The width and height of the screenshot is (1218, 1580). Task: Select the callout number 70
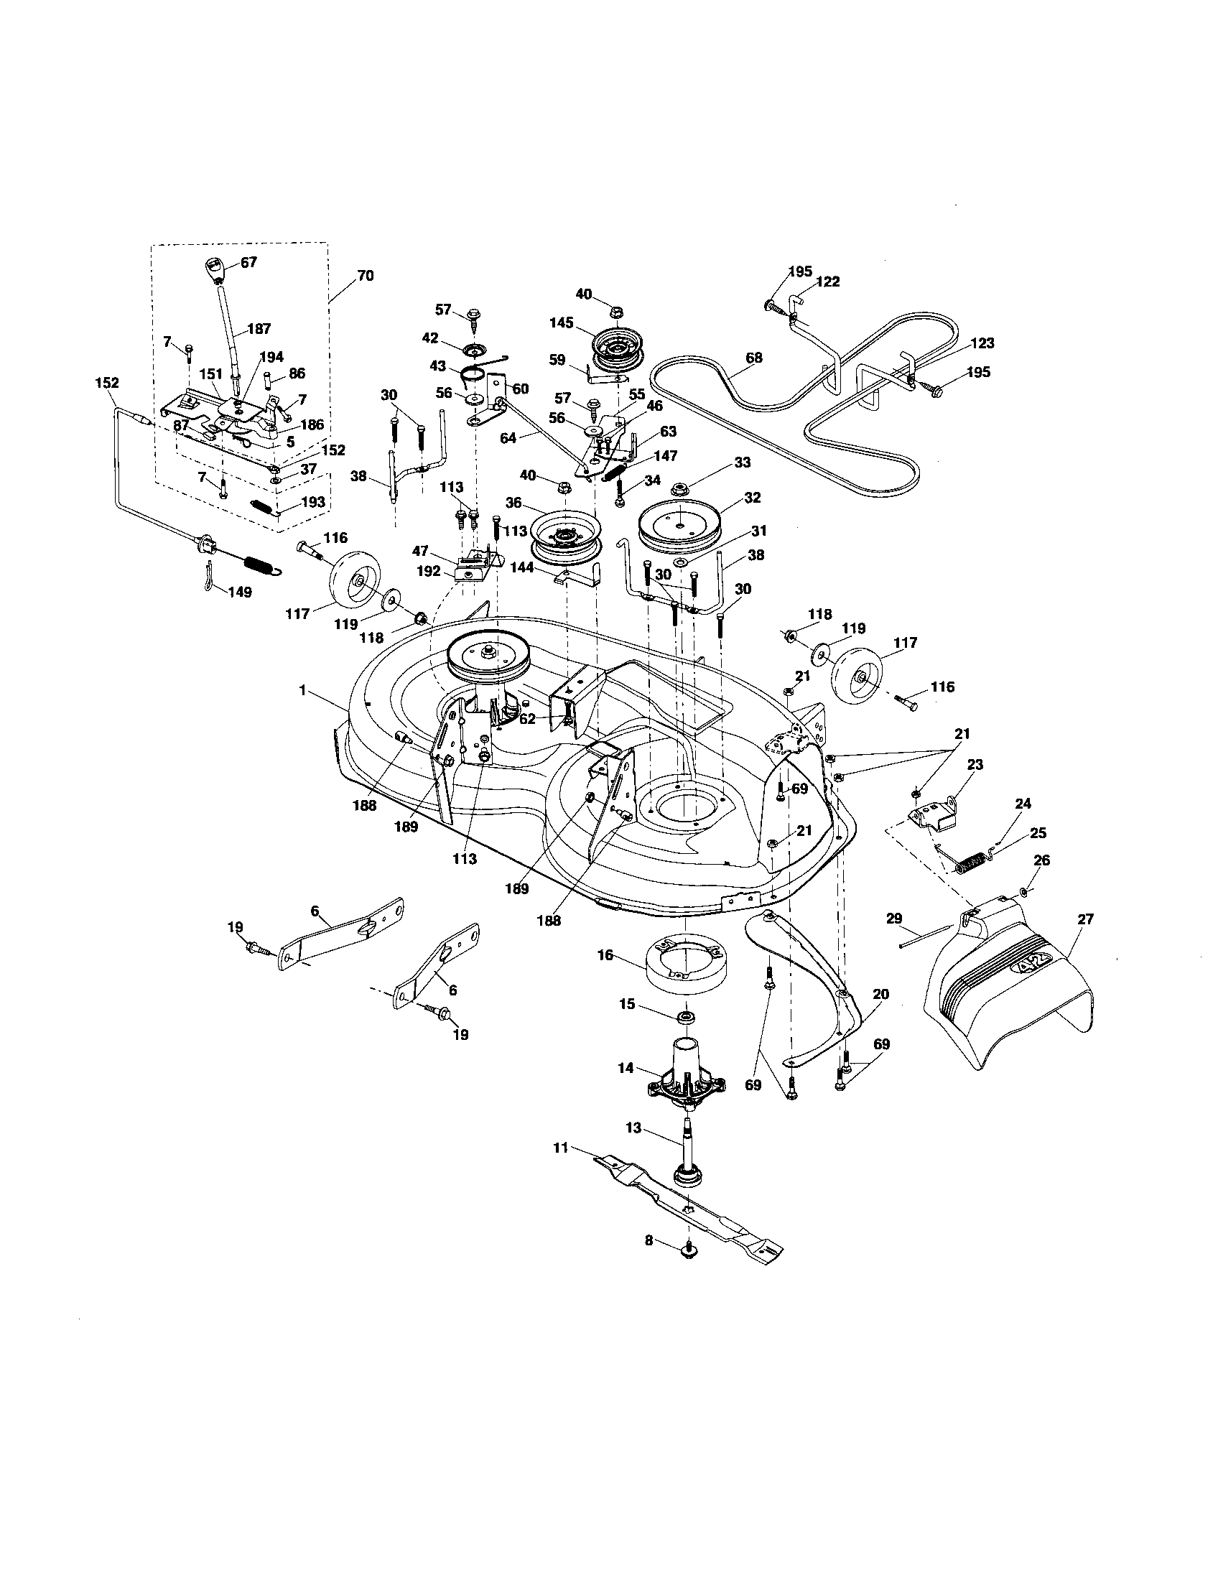[366, 276]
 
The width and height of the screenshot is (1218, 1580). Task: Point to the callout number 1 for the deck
[303, 691]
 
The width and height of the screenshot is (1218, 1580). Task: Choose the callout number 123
[982, 343]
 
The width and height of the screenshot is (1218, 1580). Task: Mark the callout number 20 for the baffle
[880, 995]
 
